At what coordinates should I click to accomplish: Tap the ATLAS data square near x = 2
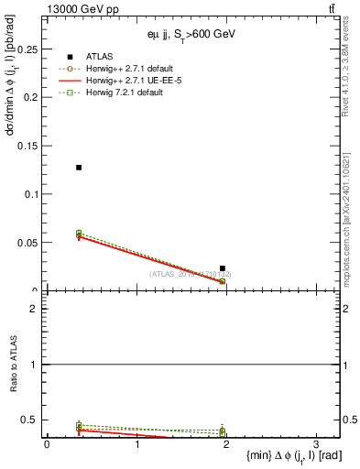tap(223, 268)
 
